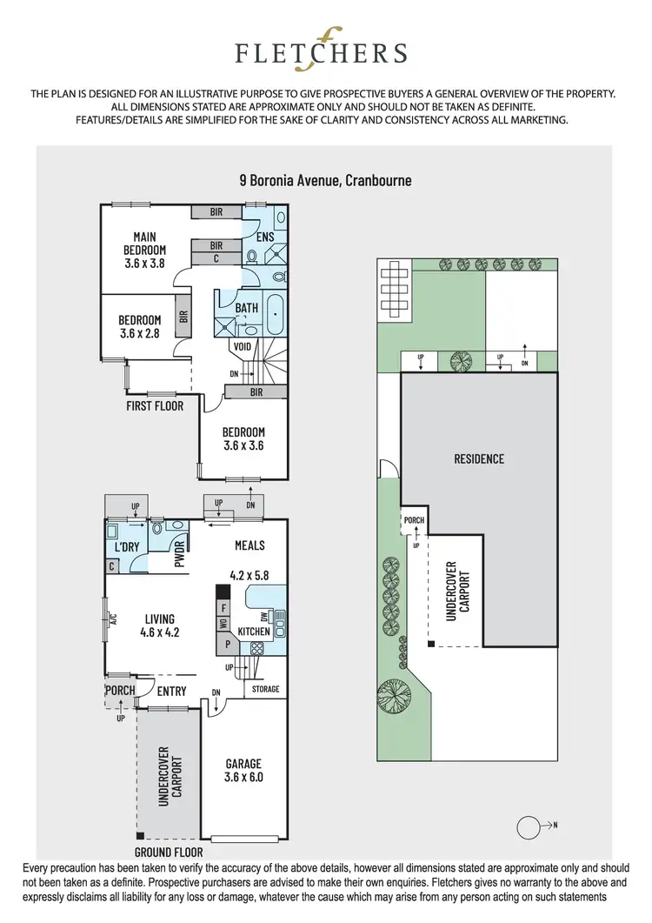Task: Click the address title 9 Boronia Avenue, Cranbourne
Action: (x=325, y=181)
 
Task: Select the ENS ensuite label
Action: (x=265, y=236)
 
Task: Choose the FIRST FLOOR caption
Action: (x=155, y=405)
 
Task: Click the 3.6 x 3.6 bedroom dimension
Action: (x=243, y=445)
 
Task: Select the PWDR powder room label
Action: (x=182, y=554)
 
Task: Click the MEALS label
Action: (x=249, y=545)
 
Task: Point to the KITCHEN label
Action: (x=254, y=630)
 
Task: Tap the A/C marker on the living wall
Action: (x=112, y=620)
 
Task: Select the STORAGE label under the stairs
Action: (x=265, y=689)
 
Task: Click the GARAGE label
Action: (x=243, y=764)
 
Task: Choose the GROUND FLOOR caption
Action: (x=169, y=853)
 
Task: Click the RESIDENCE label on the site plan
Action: (x=478, y=459)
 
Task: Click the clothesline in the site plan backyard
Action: (x=395, y=288)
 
